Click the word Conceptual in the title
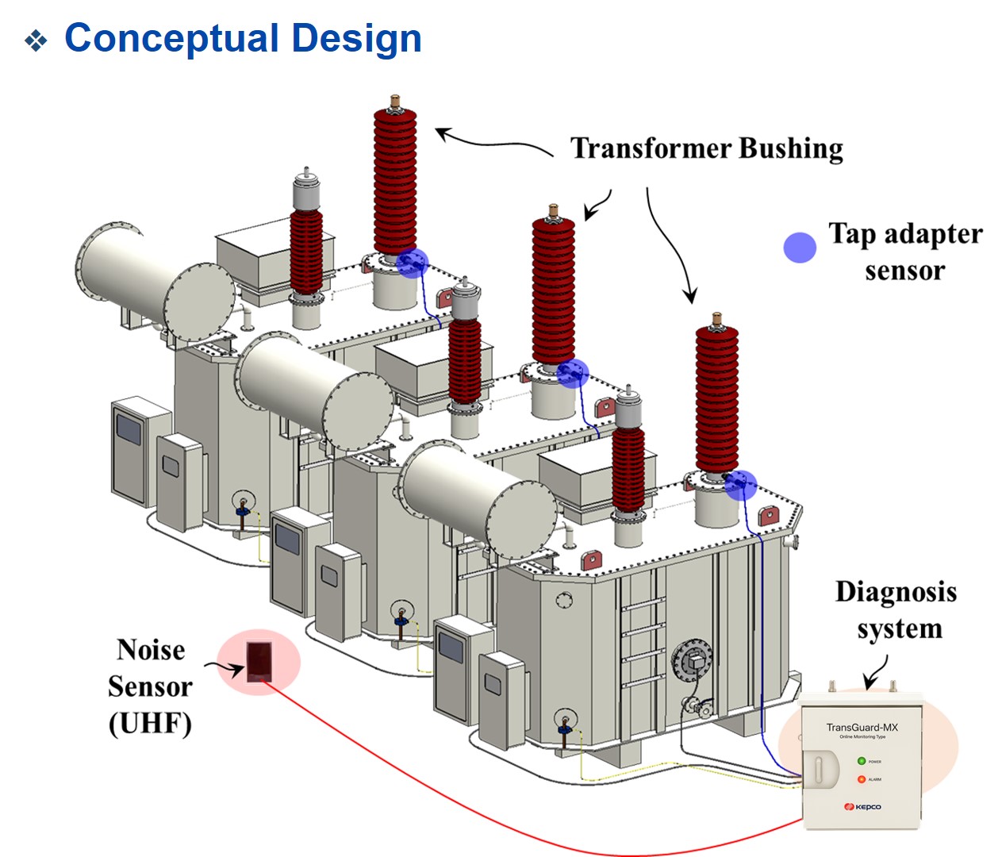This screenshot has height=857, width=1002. (171, 38)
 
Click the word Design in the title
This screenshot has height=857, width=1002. (356, 38)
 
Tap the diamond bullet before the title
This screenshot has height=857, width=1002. (36, 40)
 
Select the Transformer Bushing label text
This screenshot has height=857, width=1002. (706, 148)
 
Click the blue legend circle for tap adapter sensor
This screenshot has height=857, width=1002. (800, 248)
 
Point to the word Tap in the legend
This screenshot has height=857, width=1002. (853, 233)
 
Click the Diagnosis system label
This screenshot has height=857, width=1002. (896, 609)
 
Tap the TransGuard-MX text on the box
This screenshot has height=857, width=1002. (862, 727)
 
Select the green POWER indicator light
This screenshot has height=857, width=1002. (861, 761)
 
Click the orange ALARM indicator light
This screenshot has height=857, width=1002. (861, 779)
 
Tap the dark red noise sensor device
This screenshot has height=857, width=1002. (259, 661)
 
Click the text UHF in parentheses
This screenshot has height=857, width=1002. (150, 723)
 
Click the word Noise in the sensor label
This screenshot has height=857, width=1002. (151, 650)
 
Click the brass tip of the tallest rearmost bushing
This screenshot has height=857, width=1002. (394, 102)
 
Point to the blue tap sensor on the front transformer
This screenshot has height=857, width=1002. (740, 484)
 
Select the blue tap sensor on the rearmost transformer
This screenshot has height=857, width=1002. (412, 263)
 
